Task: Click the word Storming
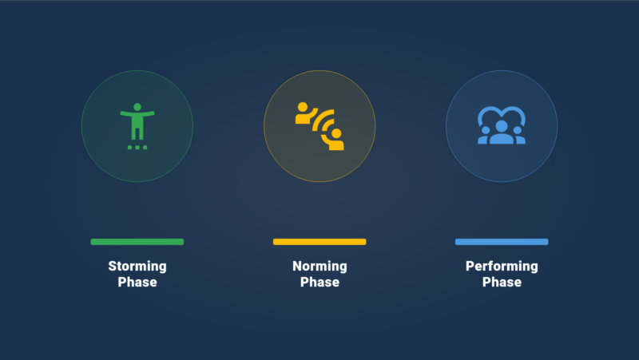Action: coord(137,267)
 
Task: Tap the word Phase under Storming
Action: coord(137,282)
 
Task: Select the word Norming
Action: coord(320,267)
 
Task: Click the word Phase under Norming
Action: coord(320,282)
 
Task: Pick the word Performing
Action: coord(502,267)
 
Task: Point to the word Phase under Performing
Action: coord(502,282)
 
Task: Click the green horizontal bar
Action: coord(137,242)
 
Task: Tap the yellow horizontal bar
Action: coord(319,242)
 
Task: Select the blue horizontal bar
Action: coord(502,242)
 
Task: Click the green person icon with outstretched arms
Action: coord(137,122)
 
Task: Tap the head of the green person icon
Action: coord(137,107)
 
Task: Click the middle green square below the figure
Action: coord(137,147)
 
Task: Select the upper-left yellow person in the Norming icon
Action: coord(305,114)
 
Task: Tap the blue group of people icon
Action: coord(502,126)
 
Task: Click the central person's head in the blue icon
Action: coord(502,126)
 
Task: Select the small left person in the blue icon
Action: coord(485,136)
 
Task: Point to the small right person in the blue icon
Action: coord(518,136)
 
